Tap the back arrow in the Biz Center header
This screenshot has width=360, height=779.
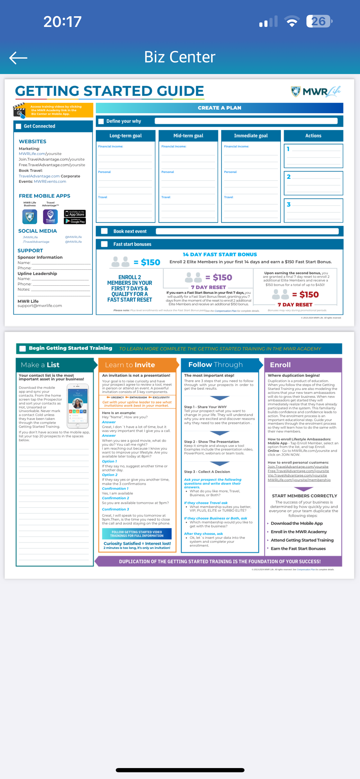[x=19, y=58]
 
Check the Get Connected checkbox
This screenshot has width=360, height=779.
[x=19, y=126]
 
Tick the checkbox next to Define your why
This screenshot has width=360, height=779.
[x=101, y=121]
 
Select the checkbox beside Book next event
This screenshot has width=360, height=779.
[x=104, y=231]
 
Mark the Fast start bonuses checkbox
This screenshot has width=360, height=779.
[x=104, y=244]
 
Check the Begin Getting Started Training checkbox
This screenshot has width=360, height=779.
[x=23, y=348]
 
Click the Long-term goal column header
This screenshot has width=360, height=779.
[x=125, y=136]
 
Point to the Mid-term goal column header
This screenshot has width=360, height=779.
[x=188, y=136]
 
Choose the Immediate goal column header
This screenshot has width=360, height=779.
[x=251, y=136]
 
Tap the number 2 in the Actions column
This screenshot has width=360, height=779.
[x=289, y=177]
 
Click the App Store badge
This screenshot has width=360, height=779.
[x=75, y=213]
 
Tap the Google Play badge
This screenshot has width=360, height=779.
[x=75, y=221]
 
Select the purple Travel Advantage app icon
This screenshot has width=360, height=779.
[x=50, y=216]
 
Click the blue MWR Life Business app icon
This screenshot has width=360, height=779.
[x=30, y=216]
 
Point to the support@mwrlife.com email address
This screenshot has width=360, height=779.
[x=40, y=306]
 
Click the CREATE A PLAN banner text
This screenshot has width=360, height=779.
[x=220, y=108]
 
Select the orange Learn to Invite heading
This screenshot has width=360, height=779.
[x=130, y=365]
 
